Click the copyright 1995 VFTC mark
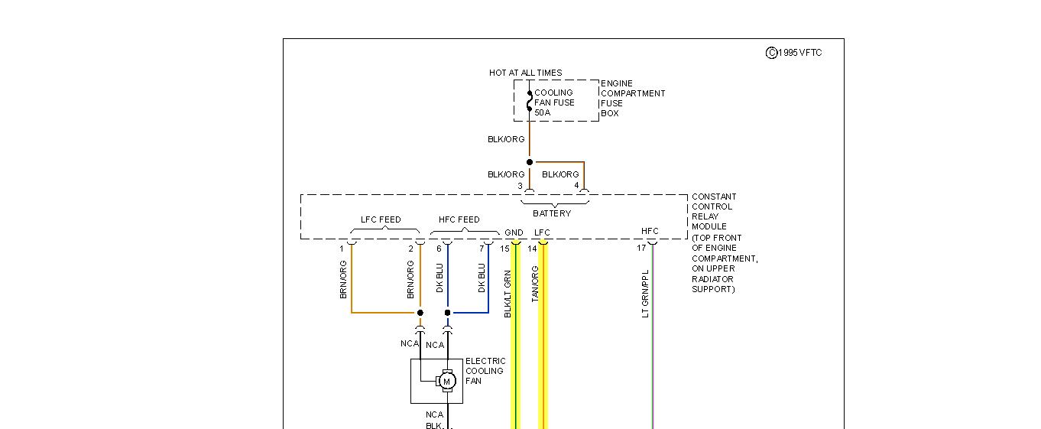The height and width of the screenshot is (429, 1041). tap(793, 53)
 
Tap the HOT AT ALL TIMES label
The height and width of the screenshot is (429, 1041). tap(525, 73)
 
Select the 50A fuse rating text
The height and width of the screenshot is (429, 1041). tap(542, 112)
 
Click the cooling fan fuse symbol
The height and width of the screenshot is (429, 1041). tap(529, 102)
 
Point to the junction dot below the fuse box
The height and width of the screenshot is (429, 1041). tap(530, 162)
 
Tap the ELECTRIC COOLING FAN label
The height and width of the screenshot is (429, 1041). tap(485, 371)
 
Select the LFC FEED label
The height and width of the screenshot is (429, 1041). tap(381, 219)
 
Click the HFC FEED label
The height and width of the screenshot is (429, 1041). tap(459, 219)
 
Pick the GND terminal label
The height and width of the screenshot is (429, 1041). tap(514, 232)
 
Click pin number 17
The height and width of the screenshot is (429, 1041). tap(641, 248)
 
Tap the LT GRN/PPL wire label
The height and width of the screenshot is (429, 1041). tap(646, 293)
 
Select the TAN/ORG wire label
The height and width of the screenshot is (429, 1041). tap(535, 284)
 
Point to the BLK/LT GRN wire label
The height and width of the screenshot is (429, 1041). tap(508, 293)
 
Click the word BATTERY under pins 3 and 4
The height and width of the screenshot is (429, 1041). tap(552, 213)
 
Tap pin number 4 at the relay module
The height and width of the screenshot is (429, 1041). tap(576, 186)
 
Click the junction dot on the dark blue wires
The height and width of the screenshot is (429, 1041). tap(448, 313)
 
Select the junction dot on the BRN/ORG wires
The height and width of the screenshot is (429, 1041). tap(420, 313)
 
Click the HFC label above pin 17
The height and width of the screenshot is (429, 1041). tap(650, 231)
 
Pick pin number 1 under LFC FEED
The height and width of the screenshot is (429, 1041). tap(342, 249)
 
